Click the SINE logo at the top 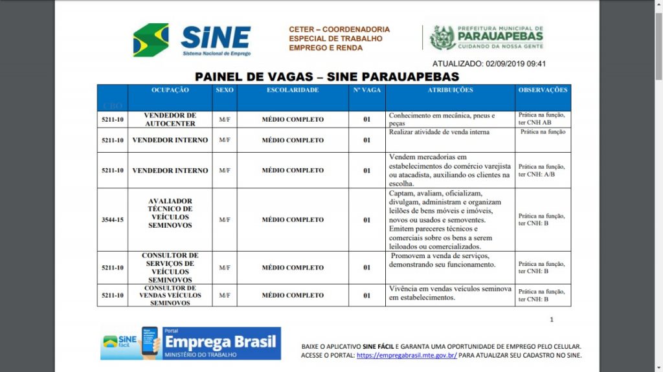[192, 40]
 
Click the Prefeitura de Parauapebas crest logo [443, 38]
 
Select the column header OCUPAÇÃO [170, 91]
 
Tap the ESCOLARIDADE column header [293, 91]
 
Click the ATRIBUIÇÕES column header [450, 91]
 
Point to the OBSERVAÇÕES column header [543, 91]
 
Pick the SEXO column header [225, 91]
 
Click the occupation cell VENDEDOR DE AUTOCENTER [170, 119]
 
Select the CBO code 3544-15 [113, 220]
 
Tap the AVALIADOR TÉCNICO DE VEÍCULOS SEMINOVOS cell [170, 213]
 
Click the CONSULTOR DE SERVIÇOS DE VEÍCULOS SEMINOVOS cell [170, 267]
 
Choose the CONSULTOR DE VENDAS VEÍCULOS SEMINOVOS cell [170, 295]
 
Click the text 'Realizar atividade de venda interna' [439, 132]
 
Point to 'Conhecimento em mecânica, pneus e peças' [442, 119]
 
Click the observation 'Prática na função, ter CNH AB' [541, 118]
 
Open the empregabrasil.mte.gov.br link [407, 355]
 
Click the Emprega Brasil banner [191, 344]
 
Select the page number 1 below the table [552, 320]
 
